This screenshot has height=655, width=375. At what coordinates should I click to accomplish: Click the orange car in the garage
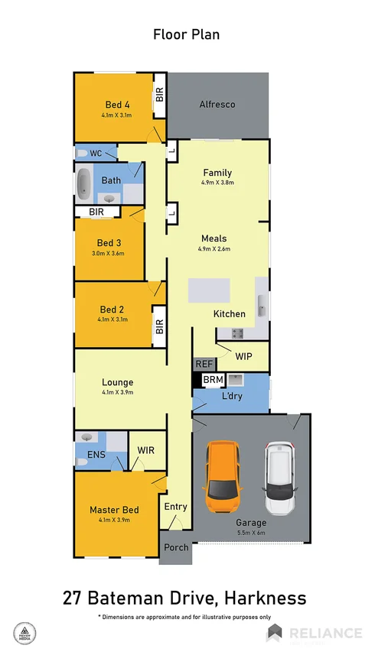[x=221, y=478]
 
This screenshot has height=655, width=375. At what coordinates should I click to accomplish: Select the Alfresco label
[x=217, y=104]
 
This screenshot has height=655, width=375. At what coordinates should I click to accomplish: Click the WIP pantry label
[x=243, y=356]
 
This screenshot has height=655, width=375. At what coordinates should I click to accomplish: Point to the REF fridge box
[x=203, y=365]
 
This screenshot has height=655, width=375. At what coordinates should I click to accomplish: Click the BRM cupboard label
[x=212, y=380]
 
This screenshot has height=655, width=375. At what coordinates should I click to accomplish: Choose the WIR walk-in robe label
[x=145, y=450]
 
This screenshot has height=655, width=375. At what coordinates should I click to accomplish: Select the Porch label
[x=176, y=547]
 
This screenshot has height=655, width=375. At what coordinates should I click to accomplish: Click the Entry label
[x=176, y=507]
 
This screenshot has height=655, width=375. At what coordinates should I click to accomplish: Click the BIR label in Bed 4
[x=160, y=95]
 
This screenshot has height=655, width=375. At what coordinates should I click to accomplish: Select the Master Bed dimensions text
[x=114, y=520]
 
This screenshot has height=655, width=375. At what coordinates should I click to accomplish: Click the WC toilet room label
[x=96, y=153]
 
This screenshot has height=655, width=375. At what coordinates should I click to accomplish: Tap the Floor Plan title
[x=187, y=34]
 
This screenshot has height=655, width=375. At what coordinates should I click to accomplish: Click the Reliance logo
[x=314, y=633]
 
